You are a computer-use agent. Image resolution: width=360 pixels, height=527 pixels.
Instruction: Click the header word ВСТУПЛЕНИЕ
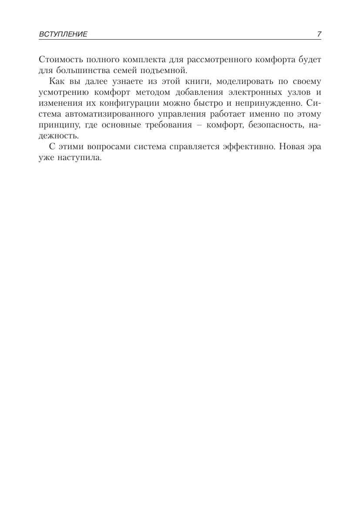coord(63,34)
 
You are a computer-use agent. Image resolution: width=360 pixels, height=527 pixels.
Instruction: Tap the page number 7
coord(319,34)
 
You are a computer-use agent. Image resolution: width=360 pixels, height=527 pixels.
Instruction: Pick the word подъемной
coord(168,70)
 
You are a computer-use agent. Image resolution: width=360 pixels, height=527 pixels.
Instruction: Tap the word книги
coord(191,81)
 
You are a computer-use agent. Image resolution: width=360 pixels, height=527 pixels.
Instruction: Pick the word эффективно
coord(249,147)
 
